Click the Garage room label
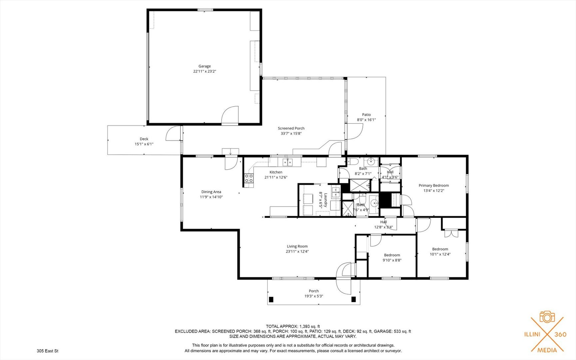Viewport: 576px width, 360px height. pos(205,66)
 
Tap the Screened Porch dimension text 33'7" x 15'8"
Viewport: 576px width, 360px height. pos(291,134)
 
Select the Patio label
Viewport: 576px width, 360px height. pos(366,115)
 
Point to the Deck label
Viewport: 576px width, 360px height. pos(144,139)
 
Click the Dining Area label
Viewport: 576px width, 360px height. pos(211,192)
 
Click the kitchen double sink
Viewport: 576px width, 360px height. pos(288,162)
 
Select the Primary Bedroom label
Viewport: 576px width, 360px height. pos(434,186)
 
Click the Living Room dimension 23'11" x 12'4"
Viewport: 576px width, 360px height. pos(297,252)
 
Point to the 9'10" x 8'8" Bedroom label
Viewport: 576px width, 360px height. pos(392,255)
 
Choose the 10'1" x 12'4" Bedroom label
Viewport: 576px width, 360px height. pos(440,249)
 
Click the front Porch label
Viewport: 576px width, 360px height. pos(314,291)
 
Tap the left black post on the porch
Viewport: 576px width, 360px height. pos(271,299)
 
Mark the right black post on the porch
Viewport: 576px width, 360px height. pos(353,299)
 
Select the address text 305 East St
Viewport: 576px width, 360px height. pos(48,351)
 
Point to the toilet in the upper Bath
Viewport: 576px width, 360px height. pos(352,162)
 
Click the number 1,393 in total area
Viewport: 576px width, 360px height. pos(305,326)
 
